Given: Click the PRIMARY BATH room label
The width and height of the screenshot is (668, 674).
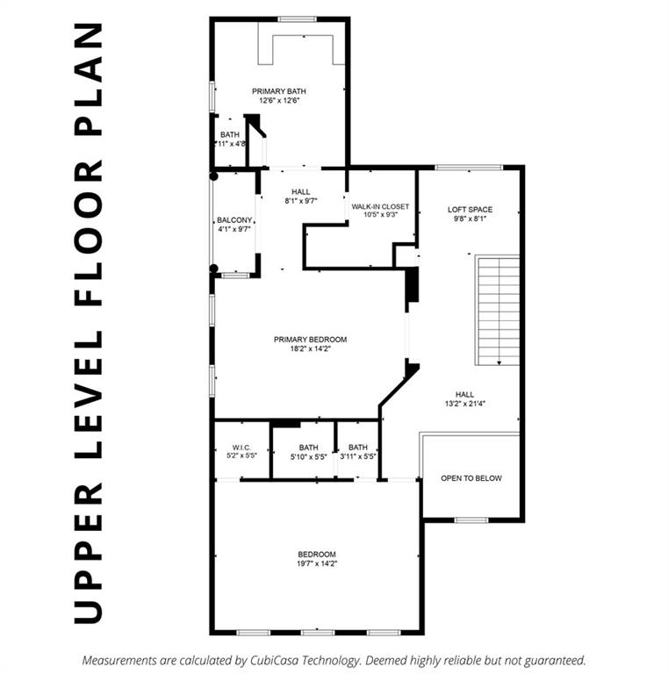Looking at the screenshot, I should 279,90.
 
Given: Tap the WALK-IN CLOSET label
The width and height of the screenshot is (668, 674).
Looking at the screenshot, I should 380,207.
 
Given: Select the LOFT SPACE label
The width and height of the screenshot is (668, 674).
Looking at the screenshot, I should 470,209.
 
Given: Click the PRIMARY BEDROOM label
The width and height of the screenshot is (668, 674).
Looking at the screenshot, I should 310,340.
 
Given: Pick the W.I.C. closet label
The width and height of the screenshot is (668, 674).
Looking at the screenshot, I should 242,448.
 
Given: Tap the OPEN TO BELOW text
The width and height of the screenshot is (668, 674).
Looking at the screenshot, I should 471,478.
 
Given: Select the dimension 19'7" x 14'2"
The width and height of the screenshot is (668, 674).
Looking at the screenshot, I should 317,563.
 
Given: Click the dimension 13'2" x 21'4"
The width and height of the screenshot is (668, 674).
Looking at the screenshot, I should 466,405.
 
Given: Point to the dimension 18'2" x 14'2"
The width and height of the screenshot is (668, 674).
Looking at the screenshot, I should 310,349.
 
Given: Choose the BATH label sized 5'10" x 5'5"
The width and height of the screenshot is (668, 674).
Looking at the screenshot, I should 308,448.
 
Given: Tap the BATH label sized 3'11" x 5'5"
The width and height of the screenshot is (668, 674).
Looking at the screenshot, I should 358,448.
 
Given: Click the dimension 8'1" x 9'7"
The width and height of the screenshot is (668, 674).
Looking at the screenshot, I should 300,201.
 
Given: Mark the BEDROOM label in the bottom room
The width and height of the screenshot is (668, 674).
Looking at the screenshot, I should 317,554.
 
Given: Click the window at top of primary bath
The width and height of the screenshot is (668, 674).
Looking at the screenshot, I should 298,18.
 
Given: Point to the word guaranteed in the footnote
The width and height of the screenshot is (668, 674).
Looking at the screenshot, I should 552,659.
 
